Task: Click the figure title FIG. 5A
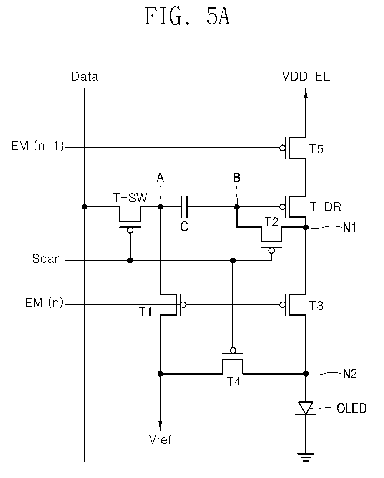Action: [x=187, y=16]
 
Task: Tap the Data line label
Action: [x=84, y=76]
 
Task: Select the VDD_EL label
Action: [x=306, y=76]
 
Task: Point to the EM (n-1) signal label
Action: [x=38, y=146]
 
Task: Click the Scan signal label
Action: [x=47, y=259]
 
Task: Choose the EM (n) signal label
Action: [x=44, y=303]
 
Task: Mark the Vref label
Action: [x=160, y=440]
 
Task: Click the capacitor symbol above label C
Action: [x=184, y=207]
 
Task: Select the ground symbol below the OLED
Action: [x=306, y=457]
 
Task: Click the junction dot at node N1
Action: [x=306, y=227]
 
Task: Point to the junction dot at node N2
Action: [x=306, y=373]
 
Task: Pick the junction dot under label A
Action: [x=160, y=207]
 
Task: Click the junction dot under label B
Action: [x=236, y=207]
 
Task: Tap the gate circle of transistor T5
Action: [x=283, y=148]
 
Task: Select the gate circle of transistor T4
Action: [x=233, y=350]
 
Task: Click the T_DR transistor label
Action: [x=325, y=207]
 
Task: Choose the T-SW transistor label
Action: [x=130, y=198]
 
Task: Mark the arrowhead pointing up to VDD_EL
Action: [x=306, y=93]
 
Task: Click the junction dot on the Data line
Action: [x=85, y=207]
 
